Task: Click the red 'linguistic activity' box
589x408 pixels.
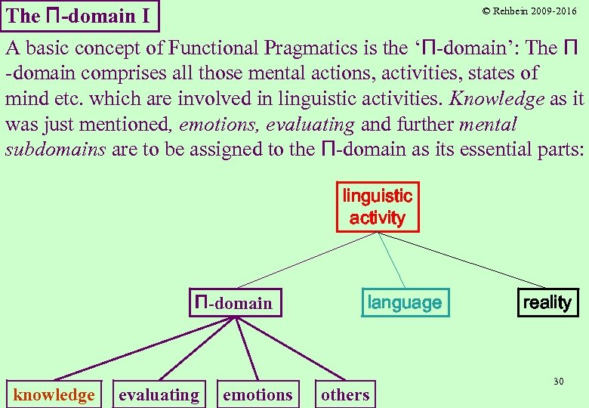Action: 377,206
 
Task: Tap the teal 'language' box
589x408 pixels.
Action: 405,302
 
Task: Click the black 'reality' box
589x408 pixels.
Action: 547,302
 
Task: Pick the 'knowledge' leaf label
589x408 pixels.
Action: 54,394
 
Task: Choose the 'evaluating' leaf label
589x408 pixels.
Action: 159,394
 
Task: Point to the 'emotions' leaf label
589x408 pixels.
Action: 257,394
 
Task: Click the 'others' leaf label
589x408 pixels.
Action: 345,394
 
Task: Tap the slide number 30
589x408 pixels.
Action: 558,382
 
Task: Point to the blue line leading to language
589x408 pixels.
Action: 391,259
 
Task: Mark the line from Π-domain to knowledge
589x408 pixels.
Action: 143,348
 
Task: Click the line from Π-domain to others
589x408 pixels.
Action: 291,348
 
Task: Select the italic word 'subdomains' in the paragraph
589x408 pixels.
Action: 55,149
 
